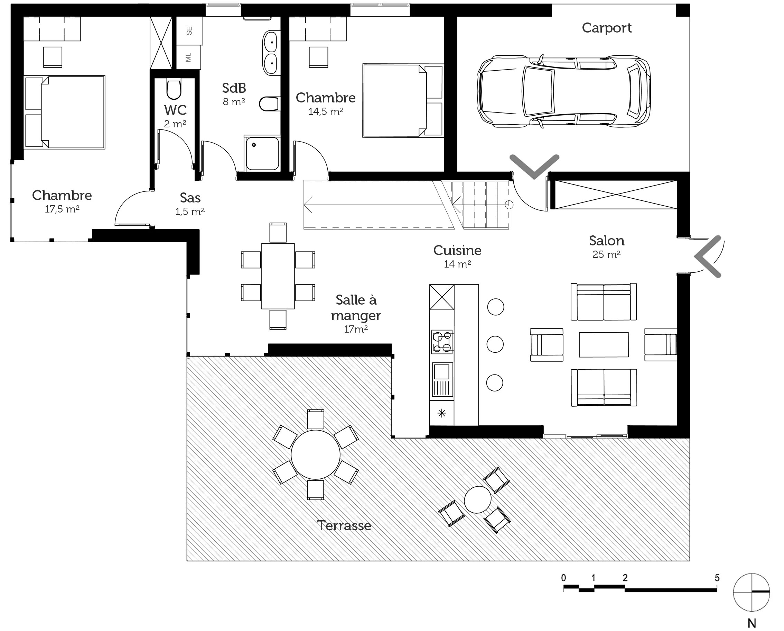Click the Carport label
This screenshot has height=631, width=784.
[607, 28]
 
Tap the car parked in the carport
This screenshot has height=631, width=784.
[564, 91]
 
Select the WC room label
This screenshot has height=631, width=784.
[175, 110]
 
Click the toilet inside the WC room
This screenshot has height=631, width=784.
[174, 89]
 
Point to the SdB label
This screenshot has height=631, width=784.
[234, 88]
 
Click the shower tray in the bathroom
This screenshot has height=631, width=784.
[262, 153]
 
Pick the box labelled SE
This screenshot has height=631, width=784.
[189, 31]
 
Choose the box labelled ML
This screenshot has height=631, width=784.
[188, 57]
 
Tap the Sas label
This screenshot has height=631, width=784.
[190, 198]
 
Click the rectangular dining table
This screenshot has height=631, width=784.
[278, 276]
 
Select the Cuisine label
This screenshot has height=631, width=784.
[457, 251]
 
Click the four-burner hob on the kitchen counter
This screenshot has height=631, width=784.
[442, 342]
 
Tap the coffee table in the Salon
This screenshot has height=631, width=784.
[604, 344]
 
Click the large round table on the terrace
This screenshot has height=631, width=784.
[316, 455]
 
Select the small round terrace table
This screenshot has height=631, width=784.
[477, 499]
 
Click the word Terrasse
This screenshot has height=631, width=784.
[344, 525]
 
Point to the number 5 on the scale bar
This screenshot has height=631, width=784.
[717, 578]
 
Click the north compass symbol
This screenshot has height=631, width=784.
[751, 592]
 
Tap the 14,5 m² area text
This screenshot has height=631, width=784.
[326, 111]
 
